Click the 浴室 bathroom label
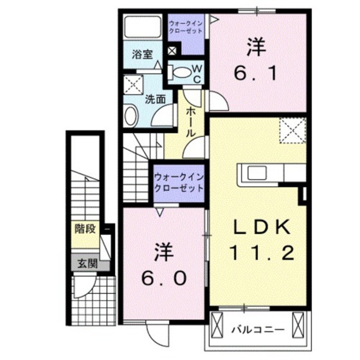pyautogui.click(x=143, y=55)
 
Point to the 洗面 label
pyautogui.click(x=155, y=99)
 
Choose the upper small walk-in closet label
pyautogui.click(x=186, y=27)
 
